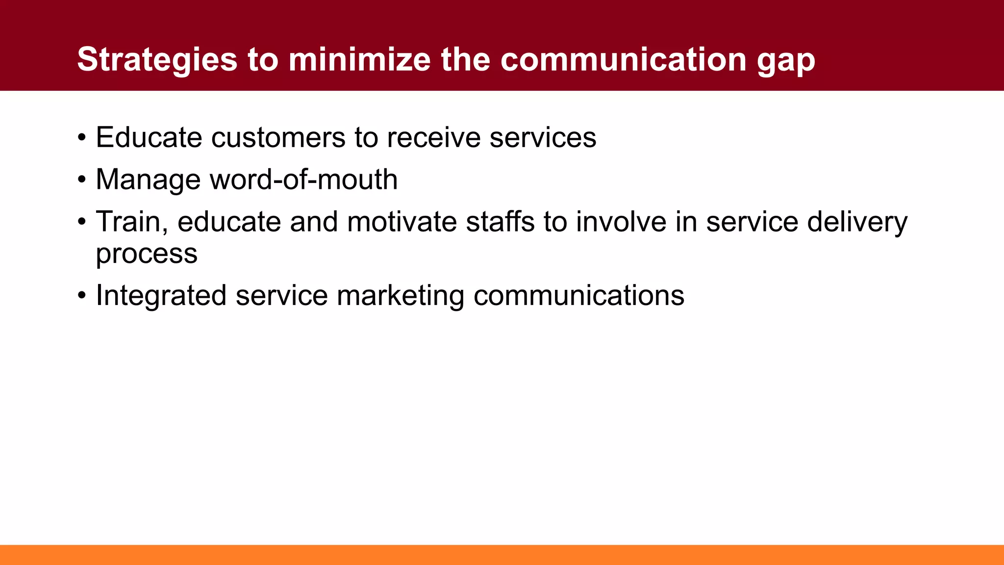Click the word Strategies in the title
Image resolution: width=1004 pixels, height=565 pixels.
157,60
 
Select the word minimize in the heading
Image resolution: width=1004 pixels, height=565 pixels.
360,60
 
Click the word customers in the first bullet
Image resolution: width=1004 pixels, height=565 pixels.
278,137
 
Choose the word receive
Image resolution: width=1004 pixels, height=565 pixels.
433,137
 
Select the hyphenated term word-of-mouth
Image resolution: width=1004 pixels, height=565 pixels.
303,180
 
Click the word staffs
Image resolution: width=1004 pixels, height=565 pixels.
500,222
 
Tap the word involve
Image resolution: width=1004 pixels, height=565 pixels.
621,222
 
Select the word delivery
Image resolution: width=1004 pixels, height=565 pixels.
857,223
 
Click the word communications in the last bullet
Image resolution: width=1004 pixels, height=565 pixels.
579,296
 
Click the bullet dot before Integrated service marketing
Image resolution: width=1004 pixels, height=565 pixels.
82,296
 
